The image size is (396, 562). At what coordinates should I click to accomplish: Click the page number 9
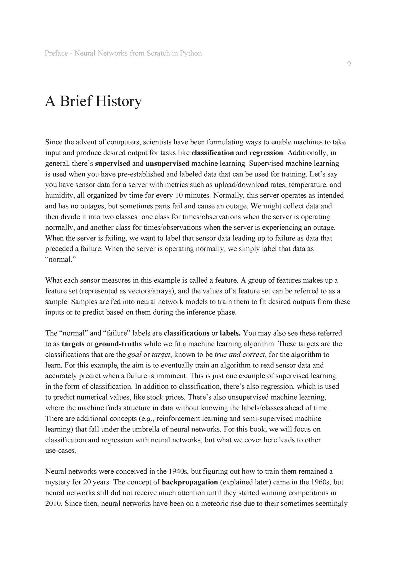[x=349, y=64]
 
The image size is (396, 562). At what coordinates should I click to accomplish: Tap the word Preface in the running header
[x=56, y=53]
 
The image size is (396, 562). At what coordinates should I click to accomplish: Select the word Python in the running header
[x=191, y=53]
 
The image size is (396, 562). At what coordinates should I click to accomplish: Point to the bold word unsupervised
[x=167, y=164]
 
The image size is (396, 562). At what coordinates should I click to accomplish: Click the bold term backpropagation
[x=190, y=482]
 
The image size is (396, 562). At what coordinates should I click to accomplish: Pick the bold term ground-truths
[x=118, y=344]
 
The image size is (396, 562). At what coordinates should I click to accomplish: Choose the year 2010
[x=53, y=504]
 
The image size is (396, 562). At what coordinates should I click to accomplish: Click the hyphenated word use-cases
[x=60, y=451]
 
